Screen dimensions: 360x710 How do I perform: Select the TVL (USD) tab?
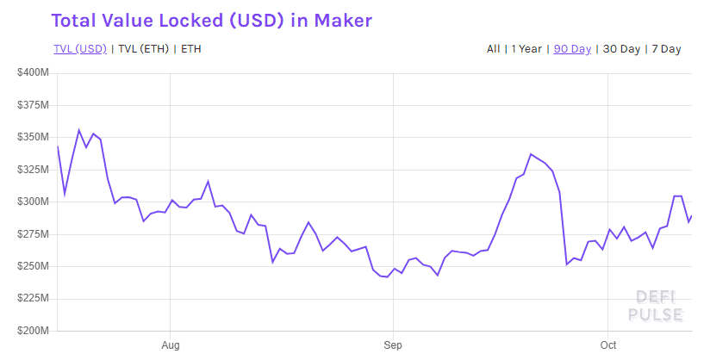pyautogui.click(x=79, y=49)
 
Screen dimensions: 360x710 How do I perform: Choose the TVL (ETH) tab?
pyautogui.click(x=144, y=49)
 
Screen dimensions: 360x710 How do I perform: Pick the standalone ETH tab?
pyautogui.click(x=190, y=49)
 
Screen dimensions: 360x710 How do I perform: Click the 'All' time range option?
pyautogui.click(x=493, y=49)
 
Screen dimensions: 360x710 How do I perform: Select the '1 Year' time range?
pyautogui.click(x=526, y=49)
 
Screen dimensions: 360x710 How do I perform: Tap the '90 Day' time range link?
pyautogui.click(x=572, y=49)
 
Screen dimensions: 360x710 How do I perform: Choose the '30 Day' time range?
pyautogui.click(x=621, y=49)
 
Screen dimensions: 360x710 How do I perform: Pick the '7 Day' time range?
pyautogui.click(x=666, y=49)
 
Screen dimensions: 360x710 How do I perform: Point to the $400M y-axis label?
pyautogui.click(x=33, y=72)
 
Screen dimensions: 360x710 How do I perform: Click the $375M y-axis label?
pyautogui.click(x=33, y=105)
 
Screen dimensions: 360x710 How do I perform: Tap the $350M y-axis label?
pyautogui.click(x=33, y=137)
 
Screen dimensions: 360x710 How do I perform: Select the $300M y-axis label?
pyautogui.click(x=33, y=202)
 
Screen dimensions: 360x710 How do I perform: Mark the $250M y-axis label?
pyautogui.click(x=33, y=266)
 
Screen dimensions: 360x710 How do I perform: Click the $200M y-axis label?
pyautogui.click(x=33, y=331)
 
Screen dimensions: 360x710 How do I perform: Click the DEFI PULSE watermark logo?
pyautogui.click(x=659, y=305)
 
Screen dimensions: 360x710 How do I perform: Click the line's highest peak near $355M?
pyautogui.click(x=79, y=130)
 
